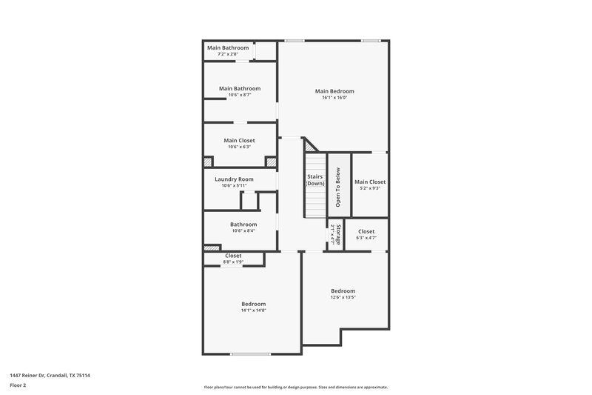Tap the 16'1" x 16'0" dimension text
point(334,98)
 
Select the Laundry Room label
point(234,179)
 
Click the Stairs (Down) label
point(316,180)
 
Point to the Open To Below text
point(338,186)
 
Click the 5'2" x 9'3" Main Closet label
point(370,182)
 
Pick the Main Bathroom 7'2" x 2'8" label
point(228,48)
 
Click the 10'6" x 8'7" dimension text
point(240,95)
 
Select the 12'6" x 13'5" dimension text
point(343,297)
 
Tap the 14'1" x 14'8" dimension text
point(253,311)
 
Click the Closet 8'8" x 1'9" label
point(233,256)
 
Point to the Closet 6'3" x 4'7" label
point(366,232)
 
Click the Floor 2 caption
point(18,385)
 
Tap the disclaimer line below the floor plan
point(295,387)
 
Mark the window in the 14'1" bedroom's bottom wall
point(250,354)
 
